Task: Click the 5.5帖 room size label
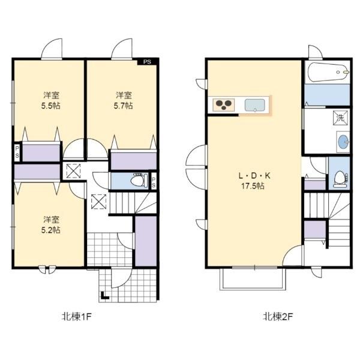pyautogui.click(x=51, y=106)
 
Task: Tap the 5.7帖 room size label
pyautogui.click(x=123, y=106)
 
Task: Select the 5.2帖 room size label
pyautogui.click(x=51, y=230)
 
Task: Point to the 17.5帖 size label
pyautogui.click(x=253, y=186)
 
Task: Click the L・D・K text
pyautogui.click(x=254, y=176)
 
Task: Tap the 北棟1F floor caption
pyautogui.click(x=77, y=317)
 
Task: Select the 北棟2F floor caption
pyautogui.click(x=278, y=317)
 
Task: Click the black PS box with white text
pyautogui.click(x=147, y=62)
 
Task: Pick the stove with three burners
pyautogui.click(x=224, y=105)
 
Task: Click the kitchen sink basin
pyautogui.click(x=254, y=105)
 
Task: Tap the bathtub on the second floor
pyautogui.click(x=328, y=72)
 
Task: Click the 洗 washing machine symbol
pyautogui.click(x=340, y=118)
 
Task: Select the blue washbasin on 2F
pyautogui.click(x=343, y=142)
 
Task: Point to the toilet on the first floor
pyautogui.click(x=139, y=180)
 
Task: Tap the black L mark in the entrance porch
pyautogui.click(x=104, y=295)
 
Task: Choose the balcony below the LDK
pyautogui.click(x=253, y=279)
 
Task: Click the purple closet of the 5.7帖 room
pyautogui.click(x=133, y=161)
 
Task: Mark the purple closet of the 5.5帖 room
pyautogui.click(x=41, y=153)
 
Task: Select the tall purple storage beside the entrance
pyautogui.click(x=146, y=241)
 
